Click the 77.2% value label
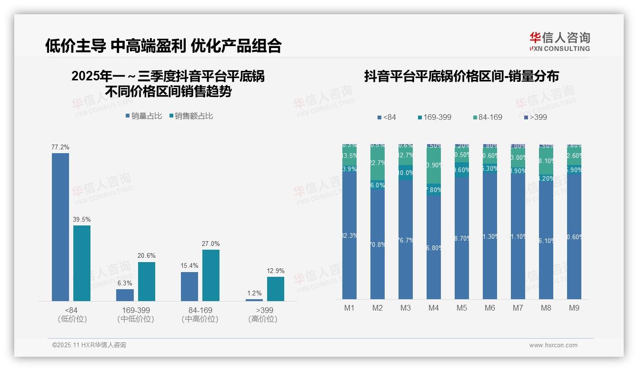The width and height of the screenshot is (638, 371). tap(60, 147)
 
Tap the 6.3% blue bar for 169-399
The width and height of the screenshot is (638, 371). tap(125, 295)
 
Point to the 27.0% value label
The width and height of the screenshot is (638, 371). tap(211, 244)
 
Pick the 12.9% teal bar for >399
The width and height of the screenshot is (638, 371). tap(275, 289)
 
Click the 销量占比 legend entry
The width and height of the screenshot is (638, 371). tap(144, 116)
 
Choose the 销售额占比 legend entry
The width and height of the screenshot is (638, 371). tap(191, 116)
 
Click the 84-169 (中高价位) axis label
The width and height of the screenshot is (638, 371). tap(200, 314)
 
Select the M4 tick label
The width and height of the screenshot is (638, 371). tap(433, 308)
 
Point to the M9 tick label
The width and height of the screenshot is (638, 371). tap(574, 308)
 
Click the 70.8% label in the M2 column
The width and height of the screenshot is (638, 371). tap(378, 245)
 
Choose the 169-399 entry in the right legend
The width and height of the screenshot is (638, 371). tap(434, 117)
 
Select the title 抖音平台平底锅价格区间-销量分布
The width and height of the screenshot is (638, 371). tap(461, 76)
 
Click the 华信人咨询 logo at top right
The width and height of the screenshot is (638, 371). tap(559, 41)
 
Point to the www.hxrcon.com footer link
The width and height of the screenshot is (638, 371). tap(553, 345)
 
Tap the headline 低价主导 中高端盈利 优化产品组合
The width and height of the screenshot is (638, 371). tap(163, 46)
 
